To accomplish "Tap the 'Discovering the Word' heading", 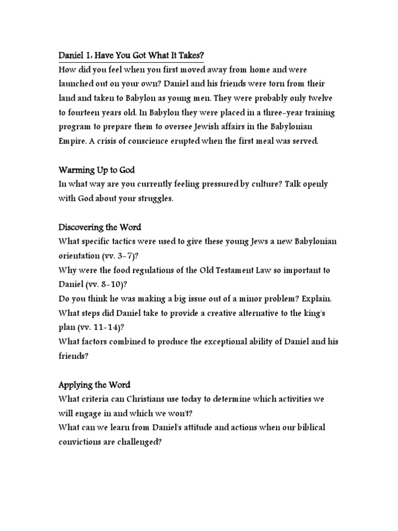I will coord(101,227).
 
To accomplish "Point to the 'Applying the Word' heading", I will coord(94,385).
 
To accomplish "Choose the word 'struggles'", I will coord(153,199).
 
